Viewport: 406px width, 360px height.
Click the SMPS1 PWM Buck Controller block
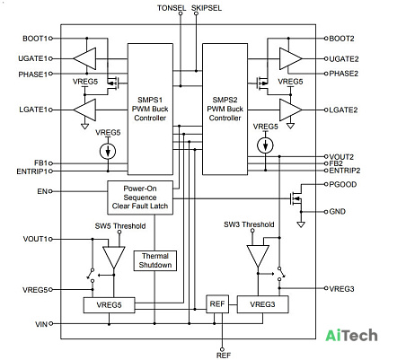tap(150, 110)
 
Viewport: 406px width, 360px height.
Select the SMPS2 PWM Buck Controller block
tap(225, 110)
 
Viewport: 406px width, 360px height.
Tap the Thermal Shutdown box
tap(155, 260)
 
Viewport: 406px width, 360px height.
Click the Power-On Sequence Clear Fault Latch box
tap(140, 198)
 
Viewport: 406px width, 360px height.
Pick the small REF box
tap(217, 304)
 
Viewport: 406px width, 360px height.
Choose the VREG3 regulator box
tap(262, 304)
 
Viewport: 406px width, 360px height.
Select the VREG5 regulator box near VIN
tap(109, 305)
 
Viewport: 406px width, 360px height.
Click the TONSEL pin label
tap(172, 8)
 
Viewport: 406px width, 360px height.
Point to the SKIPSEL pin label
tap(207, 8)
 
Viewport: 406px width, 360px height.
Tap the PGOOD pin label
tap(343, 184)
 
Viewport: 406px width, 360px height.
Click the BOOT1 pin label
tap(35, 39)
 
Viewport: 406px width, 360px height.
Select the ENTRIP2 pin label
tap(345, 171)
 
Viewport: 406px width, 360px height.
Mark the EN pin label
tap(42, 191)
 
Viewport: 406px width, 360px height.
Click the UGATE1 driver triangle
tap(84, 58)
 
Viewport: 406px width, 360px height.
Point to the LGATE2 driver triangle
tap(290, 110)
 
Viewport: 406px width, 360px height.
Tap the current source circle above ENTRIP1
tap(108, 151)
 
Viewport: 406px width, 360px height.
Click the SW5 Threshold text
tap(120, 226)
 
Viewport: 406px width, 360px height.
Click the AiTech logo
tap(351, 335)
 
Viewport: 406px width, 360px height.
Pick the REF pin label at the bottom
tap(224, 356)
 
